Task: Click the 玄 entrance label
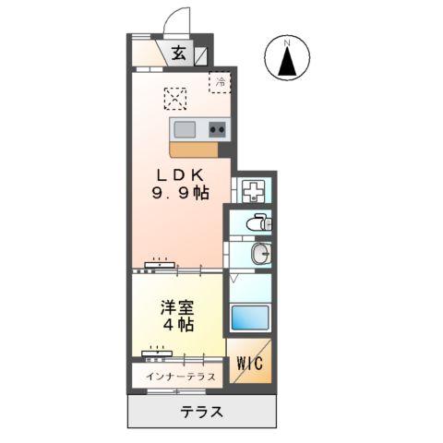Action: (x=178, y=54)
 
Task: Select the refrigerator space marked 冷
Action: (x=221, y=82)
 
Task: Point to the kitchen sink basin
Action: (x=183, y=128)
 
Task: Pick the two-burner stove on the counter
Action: (x=218, y=128)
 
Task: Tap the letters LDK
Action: (x=180, y=175)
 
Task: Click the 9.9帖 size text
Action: (x=180, y=194)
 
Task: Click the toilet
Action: (x=259, y=222)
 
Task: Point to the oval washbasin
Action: (x=261, y=253)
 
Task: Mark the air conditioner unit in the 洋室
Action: (x=157, y=351)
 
